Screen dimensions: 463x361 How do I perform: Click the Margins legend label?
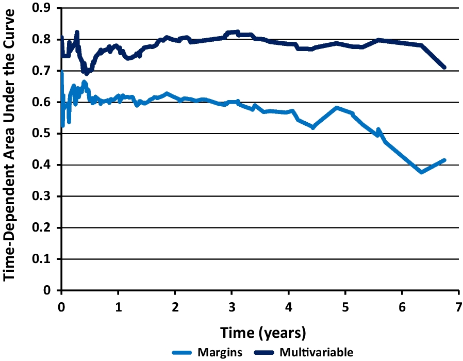(x=220, y=352)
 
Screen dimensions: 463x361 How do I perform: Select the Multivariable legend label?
(x=316, y=352)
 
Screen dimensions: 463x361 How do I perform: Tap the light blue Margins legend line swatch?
(x=183, y=353)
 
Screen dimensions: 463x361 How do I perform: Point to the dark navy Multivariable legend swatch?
(x=264, y=353)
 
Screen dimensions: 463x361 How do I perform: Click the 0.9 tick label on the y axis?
(x=41, y=8)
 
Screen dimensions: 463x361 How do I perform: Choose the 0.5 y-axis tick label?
(x=41, y=134)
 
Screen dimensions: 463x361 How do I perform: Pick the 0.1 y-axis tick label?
(x=41, y=259)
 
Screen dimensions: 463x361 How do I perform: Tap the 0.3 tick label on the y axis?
(x=41, y=196)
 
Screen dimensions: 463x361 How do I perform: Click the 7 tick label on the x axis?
(x=458, y=307)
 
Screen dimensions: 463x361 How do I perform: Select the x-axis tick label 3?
(x=232, y=307)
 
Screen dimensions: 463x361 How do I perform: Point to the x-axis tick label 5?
(x=345, y=307)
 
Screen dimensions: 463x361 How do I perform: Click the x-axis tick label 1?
(x=119, y=307)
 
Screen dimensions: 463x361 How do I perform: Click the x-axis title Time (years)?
(x=263, y=333)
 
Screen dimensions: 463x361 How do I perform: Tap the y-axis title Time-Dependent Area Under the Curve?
(x=9, y=145)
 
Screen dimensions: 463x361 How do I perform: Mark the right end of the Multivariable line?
(x=444, y=68)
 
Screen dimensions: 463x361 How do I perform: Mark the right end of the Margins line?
(x=444, y=160)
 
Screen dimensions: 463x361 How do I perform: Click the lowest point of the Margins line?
(x=421, y=172)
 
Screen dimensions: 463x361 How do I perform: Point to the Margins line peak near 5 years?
(x=336, y=108)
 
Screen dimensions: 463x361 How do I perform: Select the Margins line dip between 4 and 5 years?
(x=313, y=127)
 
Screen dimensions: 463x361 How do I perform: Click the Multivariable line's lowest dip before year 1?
(x=86, y=73)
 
